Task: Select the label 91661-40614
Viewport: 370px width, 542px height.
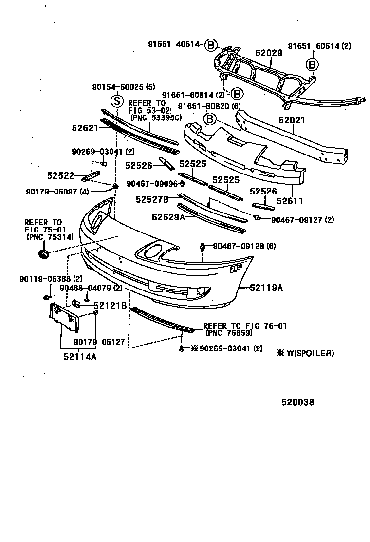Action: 175,44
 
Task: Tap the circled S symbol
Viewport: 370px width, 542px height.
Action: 117,101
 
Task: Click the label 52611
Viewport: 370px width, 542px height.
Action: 290,201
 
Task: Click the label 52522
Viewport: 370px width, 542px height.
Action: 60,175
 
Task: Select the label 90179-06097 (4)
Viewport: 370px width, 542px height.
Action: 57,192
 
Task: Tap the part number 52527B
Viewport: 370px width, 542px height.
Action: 152,199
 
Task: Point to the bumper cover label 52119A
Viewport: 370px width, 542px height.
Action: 266,288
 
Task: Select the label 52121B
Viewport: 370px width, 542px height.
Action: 110,306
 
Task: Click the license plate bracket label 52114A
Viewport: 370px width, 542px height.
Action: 80,357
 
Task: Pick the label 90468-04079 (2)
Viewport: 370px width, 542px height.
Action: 91,288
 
